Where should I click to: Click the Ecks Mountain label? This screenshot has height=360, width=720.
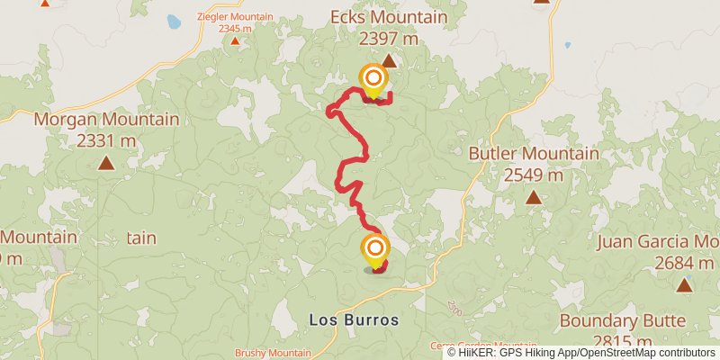coord(389,17)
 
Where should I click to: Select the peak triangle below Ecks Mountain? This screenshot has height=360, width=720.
coord(389,61)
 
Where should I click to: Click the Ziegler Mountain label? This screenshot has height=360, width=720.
coord(235,16)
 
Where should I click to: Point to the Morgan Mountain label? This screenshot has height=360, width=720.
coord(106,119)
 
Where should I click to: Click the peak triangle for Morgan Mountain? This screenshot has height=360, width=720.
coord(106,163)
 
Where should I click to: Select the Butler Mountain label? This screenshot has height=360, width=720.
coord(534,153)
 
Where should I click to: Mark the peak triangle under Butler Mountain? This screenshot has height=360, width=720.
coord(534,197)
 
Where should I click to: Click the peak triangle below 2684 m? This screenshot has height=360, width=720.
coord(684,285)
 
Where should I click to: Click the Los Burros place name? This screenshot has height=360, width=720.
coord(353,319)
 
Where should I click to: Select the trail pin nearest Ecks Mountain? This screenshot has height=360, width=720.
coord(373,79)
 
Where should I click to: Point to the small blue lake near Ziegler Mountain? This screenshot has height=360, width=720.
coord(173,20)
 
